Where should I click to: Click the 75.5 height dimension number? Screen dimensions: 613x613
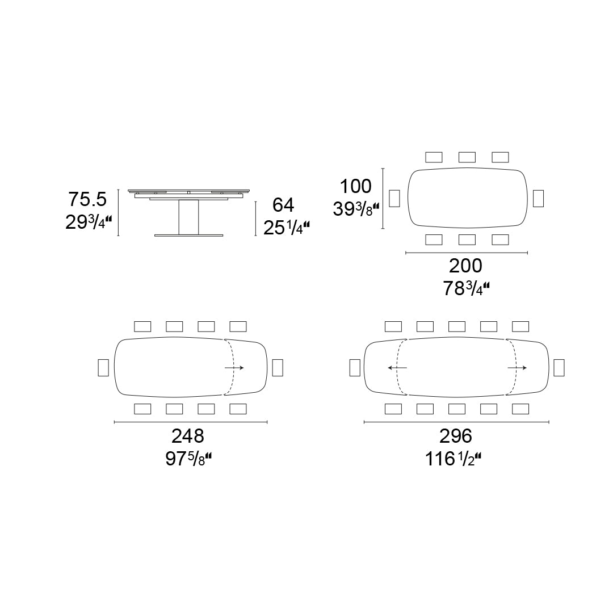coord(87,199)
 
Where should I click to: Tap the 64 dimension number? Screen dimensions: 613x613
coord(283,205)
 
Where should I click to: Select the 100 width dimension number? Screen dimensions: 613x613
coord(355,186)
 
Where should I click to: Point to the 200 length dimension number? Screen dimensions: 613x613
coord(465,266)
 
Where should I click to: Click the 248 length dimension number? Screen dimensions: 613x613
coord(188,436)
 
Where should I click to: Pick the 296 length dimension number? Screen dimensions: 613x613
coord(456,436)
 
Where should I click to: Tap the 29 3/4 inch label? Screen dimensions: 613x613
coord(89,222)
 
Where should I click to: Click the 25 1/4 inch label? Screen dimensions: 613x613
coord(287,228)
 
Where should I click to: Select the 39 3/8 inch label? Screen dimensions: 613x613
coord(356,209)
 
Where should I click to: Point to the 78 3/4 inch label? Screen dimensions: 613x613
coord(466,289)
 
